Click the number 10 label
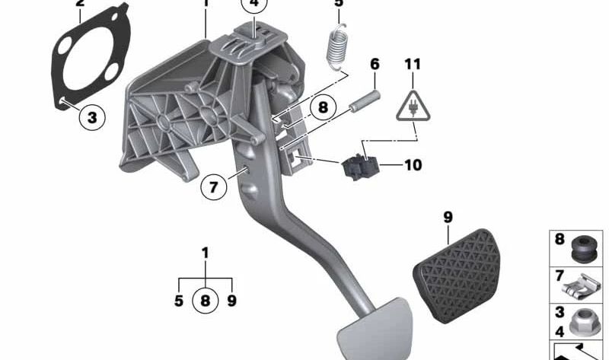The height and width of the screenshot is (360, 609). pyautogui.click(x=413, y=164)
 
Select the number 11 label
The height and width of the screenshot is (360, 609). pyautogui.click(x=412, y=65)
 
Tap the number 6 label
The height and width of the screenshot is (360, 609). pyautogui.click(x=374, y=65)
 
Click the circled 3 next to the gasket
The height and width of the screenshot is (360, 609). pyautogui.click(x=91, y=117)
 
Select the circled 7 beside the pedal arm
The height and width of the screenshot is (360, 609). pyautogui.click(x=214, y=186)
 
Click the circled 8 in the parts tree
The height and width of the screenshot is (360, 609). pyautogui.click(x=204, y=300)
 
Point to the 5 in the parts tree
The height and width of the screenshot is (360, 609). pyautogui.click(x=178, y=301)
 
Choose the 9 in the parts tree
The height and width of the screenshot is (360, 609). pyautogui.click(x=231, y=301)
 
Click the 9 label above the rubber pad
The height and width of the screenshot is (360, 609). pyautogui.click(x=448, y=218)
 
